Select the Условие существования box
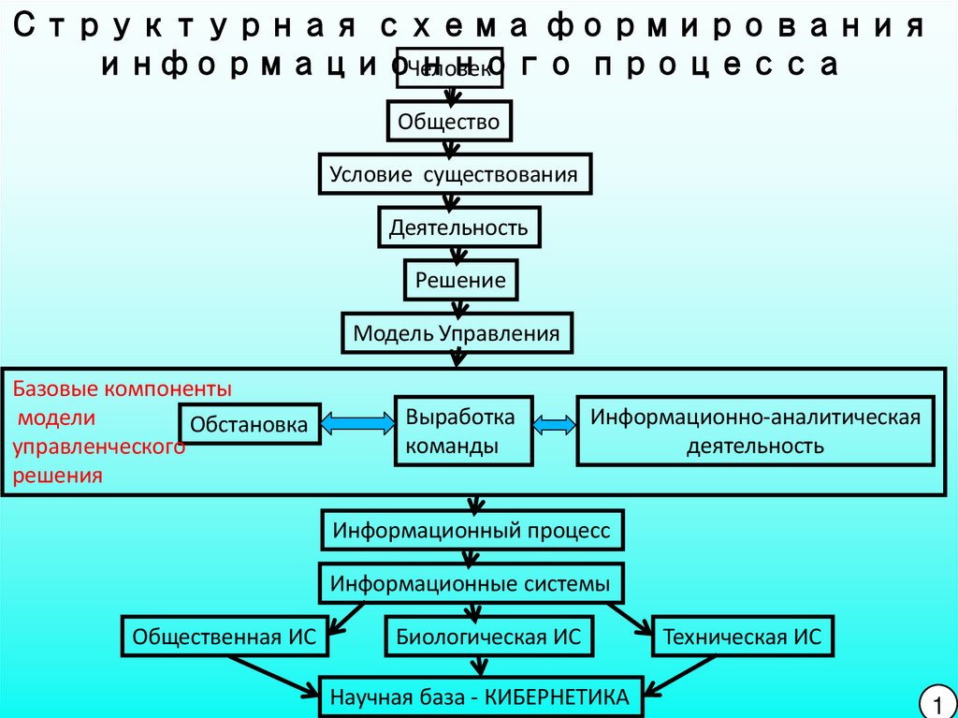coord(458,175)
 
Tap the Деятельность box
coord(458,227)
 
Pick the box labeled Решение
coord(459,280)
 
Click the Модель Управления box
coord(457,333)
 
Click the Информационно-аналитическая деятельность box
coord(755,431)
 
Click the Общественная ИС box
coord(225,638)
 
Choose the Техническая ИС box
coord(741,638)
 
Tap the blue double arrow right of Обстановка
coord(356,425)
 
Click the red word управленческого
coord(98,447)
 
